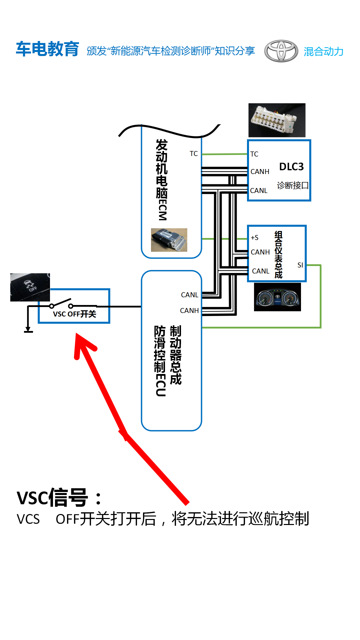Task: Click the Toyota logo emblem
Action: tap(281, 51)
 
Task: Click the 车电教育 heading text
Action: tap(47, 49)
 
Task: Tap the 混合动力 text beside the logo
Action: tap(323, 51)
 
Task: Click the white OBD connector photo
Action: tap(277, 120)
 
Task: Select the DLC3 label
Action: tap(291, 167)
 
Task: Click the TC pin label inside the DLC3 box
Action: tap(254, 154)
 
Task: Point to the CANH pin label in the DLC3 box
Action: tap(260, 172)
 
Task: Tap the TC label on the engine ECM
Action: tap(194, 154)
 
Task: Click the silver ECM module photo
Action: tap(169, 240)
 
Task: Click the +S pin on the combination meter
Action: tap(255, 238)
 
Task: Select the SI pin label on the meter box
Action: tap(300, 265)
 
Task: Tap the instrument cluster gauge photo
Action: tap(277, 297)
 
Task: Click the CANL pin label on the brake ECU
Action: tap(190, 295)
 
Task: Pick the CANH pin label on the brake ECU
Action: tap(189, 311)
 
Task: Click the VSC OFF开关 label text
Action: tap(75, 314)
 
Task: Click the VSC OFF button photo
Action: tap(30, 287)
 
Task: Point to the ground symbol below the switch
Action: tap(28, 330)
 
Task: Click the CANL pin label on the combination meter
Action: tap(261, 271)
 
